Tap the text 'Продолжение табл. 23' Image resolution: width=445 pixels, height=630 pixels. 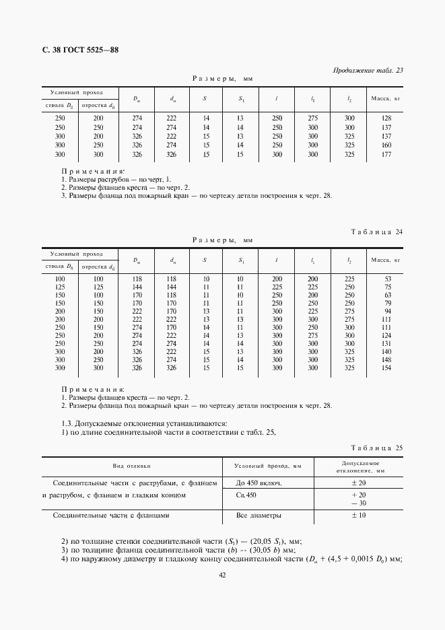click(x=368, y=70)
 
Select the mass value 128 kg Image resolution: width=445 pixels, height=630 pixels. click(x=386, y=118)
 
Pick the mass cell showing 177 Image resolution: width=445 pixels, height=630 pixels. click(x=386, y=154)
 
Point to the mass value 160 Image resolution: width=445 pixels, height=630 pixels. click(x=386, y=145)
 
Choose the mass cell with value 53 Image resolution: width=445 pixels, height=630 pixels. click(x=387, y=279)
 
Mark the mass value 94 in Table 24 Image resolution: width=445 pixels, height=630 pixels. click(x=387, y=312)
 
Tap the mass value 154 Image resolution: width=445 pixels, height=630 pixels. click(x=386, y=368)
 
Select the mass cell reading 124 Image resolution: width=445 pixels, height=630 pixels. click(x=386, y=336)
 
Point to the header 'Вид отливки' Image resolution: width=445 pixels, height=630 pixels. click(x=132, y=466)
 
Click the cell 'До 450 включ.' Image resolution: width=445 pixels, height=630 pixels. click(x=258, y=484)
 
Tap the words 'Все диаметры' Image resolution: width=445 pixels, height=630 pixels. click(x=259, y=516)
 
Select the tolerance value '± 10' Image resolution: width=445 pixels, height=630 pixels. click(x=358, y=516)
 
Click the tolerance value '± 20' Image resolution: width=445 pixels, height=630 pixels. click(x=358, y=484)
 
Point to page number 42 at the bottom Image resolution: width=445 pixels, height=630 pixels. click(x=222, y=574)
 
